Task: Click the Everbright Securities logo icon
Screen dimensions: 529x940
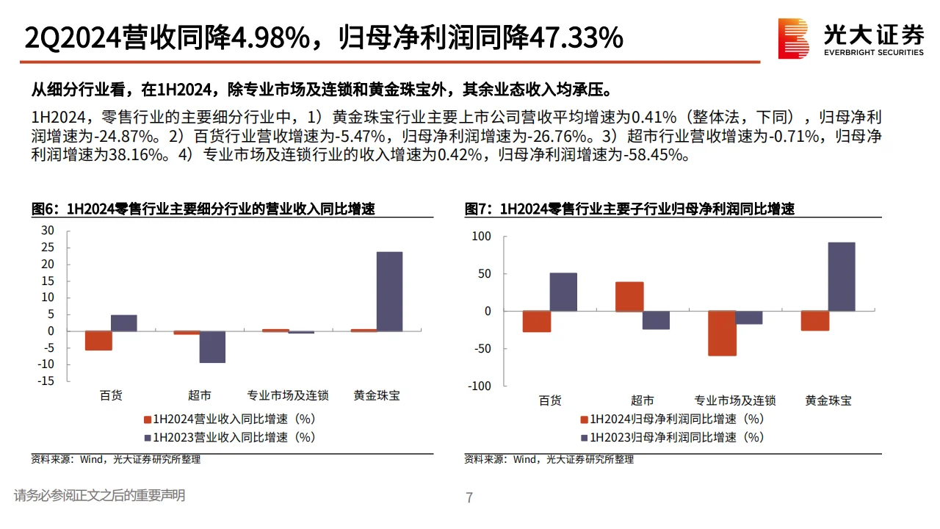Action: click(x=794, y=38)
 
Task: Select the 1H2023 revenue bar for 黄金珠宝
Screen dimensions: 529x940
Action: click(x=389, y=291)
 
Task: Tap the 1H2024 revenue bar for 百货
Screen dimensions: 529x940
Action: click(x=98, y=340)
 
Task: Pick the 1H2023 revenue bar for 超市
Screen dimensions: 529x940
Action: click(x=212, y=347)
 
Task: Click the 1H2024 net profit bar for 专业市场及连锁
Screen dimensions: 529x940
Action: click(x=722, y=334)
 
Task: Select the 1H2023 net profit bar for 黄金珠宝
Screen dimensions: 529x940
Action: click(x=842, y=276)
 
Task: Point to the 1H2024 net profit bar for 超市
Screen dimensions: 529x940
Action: click(x=629, y=297)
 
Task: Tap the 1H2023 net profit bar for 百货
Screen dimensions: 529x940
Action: click(x=564, y=292)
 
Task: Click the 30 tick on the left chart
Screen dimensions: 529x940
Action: click(x=48, y=231)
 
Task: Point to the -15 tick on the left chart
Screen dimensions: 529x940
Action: click(x=46, y=381)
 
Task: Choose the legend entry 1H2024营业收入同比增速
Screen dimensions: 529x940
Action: click(x=229, y=420)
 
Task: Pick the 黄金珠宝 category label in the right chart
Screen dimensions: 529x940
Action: click(x=828, y=400)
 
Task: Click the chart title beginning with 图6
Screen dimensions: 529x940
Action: click(x=203, y=209)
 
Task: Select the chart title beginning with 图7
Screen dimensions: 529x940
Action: click(x=629, y=209)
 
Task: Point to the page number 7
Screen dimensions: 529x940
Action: click(x=469, y=498)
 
